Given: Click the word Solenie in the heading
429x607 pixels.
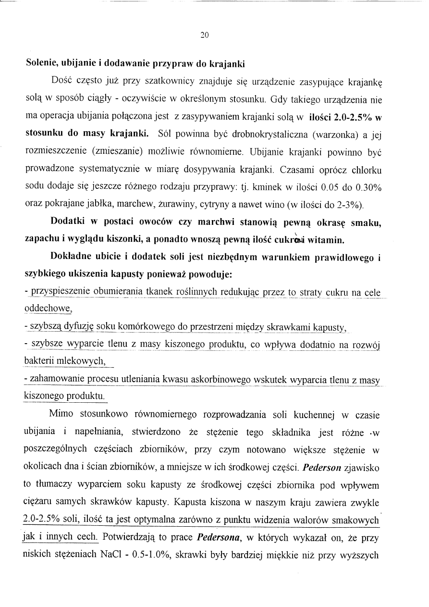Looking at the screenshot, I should click(43, 63).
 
